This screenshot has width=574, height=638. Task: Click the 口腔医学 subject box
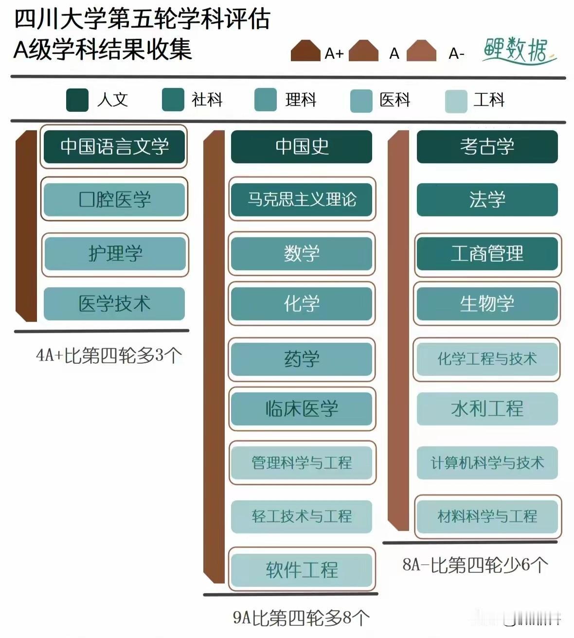[x=114, y=199]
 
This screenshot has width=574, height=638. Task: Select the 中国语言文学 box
[x=114, y=146]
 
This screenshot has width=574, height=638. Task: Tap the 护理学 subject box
[x=115, y=254]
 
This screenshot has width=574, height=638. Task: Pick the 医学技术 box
[x=114, y=304]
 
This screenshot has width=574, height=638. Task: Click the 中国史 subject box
[x=302, y=146]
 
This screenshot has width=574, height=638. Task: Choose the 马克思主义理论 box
[x=302, y=199]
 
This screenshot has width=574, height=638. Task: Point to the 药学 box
[x=302, y=359]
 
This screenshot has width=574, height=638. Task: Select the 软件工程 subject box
[x=302, y=569]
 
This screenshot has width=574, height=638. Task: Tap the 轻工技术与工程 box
[x=302, y=516]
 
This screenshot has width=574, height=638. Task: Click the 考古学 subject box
[x=487, y=146]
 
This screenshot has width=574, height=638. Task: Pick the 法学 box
[x=487, y=199]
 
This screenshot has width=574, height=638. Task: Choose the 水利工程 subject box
[x=487, y=408]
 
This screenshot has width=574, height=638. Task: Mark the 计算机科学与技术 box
[x=487, y=462]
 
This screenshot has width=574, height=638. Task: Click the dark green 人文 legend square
[x=77, y=100]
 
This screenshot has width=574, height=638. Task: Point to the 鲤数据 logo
[x=519, y=50]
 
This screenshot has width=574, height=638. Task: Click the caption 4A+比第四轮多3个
[x=109, y=355]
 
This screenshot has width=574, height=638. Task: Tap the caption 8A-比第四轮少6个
[x=475, y=565]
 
